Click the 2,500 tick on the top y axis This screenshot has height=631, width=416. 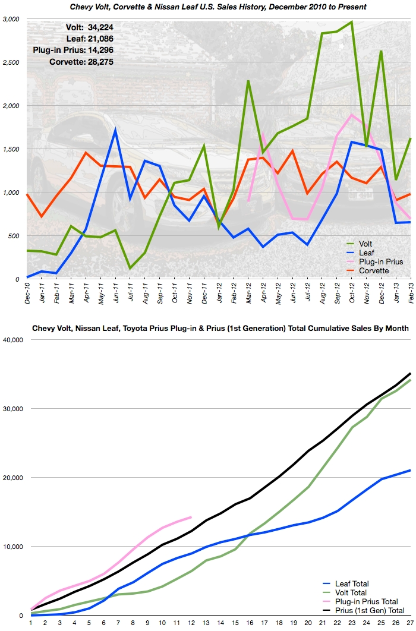12,62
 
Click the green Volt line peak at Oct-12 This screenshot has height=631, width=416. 351,22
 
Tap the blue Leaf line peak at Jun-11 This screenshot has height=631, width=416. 115,130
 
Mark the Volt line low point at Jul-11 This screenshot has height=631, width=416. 130,269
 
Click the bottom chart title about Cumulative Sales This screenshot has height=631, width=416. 219,328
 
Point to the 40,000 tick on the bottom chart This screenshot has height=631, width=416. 12,340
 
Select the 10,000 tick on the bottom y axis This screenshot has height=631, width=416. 12,547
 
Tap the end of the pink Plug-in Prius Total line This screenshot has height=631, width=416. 190,517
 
